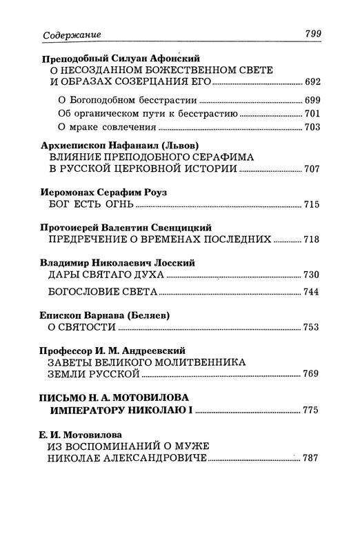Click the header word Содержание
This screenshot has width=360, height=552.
[x=61, y=34]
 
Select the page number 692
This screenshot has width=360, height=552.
[x=313, y=81]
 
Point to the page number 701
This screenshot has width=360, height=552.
[x=313, y=114]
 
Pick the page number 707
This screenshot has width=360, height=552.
[x=313, y=169]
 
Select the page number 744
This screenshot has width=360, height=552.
[x=313, y=292]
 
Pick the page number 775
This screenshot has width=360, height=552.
[x=313, y=411]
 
